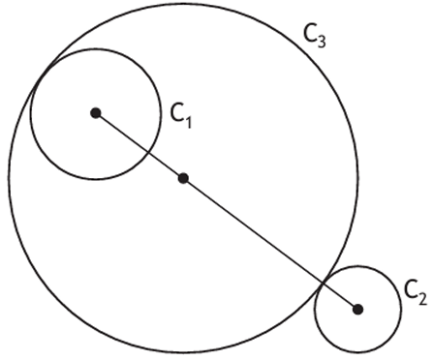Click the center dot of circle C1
click(96, 113)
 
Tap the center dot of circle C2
click(357, 310)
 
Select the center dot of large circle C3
click(183, 178)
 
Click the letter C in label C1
click(176, 113)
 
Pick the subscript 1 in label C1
click(188, 122)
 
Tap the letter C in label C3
click(310, 33)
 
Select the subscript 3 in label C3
click(322, 42)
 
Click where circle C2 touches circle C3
click(324, 284)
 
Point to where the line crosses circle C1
click(147, 152)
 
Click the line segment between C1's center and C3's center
click(139, 146)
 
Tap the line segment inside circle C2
click(340, 297)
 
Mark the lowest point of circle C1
click(96, 178)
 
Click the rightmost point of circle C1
click(161, 113)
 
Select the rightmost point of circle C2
click(401, 310)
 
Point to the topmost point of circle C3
click(183, 4)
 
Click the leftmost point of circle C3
click(9, 178)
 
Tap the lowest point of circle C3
click(183, 352)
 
